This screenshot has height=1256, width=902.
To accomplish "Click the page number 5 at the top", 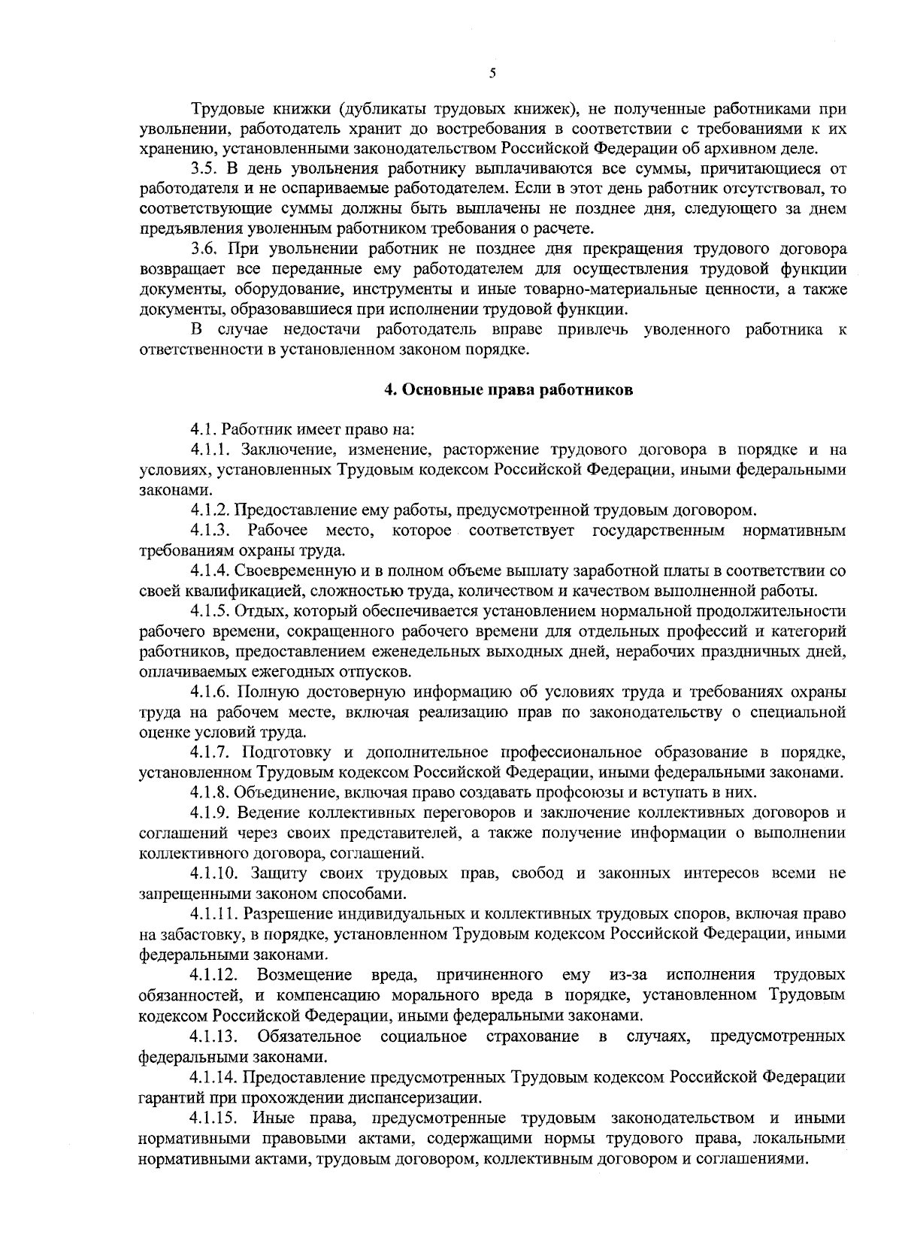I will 492,73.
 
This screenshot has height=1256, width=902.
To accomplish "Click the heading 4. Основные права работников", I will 508,389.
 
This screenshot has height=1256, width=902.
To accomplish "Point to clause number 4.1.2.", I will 210,511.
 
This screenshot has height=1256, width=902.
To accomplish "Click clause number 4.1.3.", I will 210,531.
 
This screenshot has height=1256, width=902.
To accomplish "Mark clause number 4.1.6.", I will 210,692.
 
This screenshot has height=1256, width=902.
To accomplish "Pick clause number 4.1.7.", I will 210,752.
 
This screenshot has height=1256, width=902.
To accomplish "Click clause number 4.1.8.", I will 210,792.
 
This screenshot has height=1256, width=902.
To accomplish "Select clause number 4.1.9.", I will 210,813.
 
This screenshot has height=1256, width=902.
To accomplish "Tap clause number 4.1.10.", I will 213,873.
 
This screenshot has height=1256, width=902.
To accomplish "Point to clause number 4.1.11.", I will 213,914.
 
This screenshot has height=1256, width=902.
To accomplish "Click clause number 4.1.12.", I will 213,976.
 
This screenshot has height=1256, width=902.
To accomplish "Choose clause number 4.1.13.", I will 213,1037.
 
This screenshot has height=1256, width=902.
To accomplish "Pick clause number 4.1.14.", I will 213,1077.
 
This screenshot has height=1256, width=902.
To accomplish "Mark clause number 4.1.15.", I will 213,1118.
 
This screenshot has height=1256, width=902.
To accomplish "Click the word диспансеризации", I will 423,1097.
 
